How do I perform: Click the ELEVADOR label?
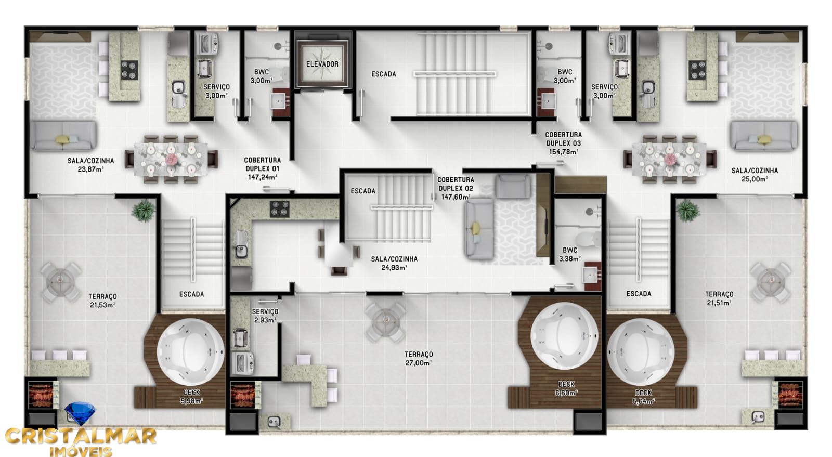click(x=322, y=64)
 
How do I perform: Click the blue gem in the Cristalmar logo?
click(x=80, y=414)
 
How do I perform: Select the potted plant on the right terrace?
click(x=687, y=211)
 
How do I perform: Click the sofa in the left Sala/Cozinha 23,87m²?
click(x=63, y=136)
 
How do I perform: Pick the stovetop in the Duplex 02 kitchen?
click(x=279, y=208)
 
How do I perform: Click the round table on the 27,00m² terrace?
click(x=385, y=322)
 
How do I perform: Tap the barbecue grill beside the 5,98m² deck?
click(x=241, y=395)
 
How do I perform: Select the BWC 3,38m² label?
click(x=570, y=254)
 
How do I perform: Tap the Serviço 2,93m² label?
click(x=265, y=315)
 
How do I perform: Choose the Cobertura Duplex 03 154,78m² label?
click(x=563, y=143)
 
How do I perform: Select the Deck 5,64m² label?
click(x=643, y=397)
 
